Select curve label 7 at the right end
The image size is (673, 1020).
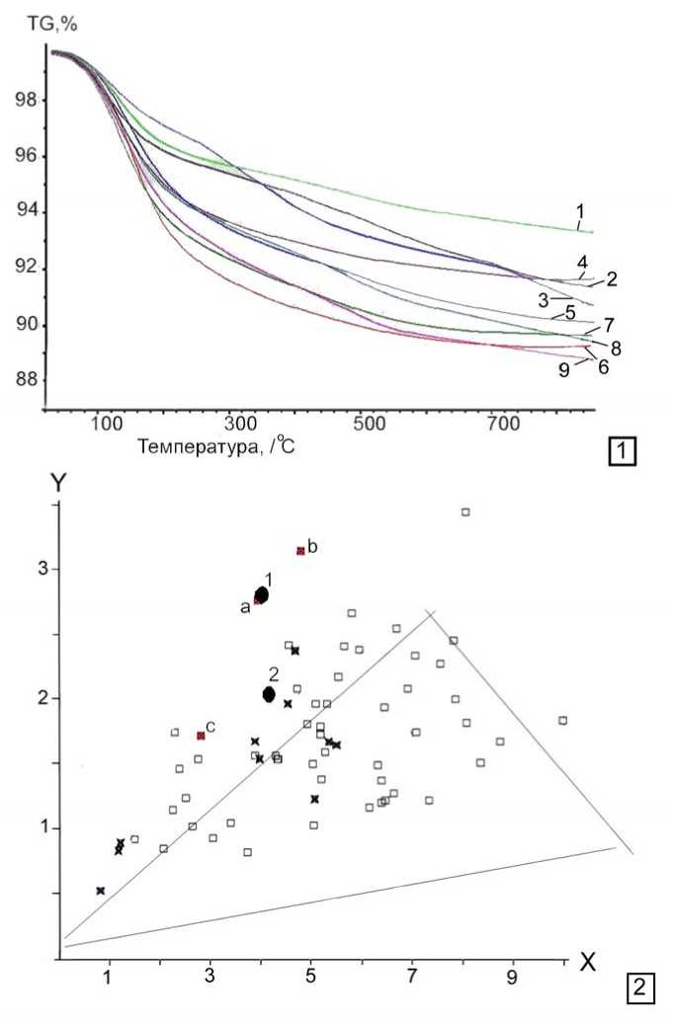[610, 323]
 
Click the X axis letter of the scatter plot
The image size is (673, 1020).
[587, 963]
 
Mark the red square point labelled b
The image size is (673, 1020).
[300, 551]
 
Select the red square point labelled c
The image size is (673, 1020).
[201, 736]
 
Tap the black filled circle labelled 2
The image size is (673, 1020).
[269, 695]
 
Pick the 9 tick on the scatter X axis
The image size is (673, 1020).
[513, 977]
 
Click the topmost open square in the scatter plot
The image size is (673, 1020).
[464, 511]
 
